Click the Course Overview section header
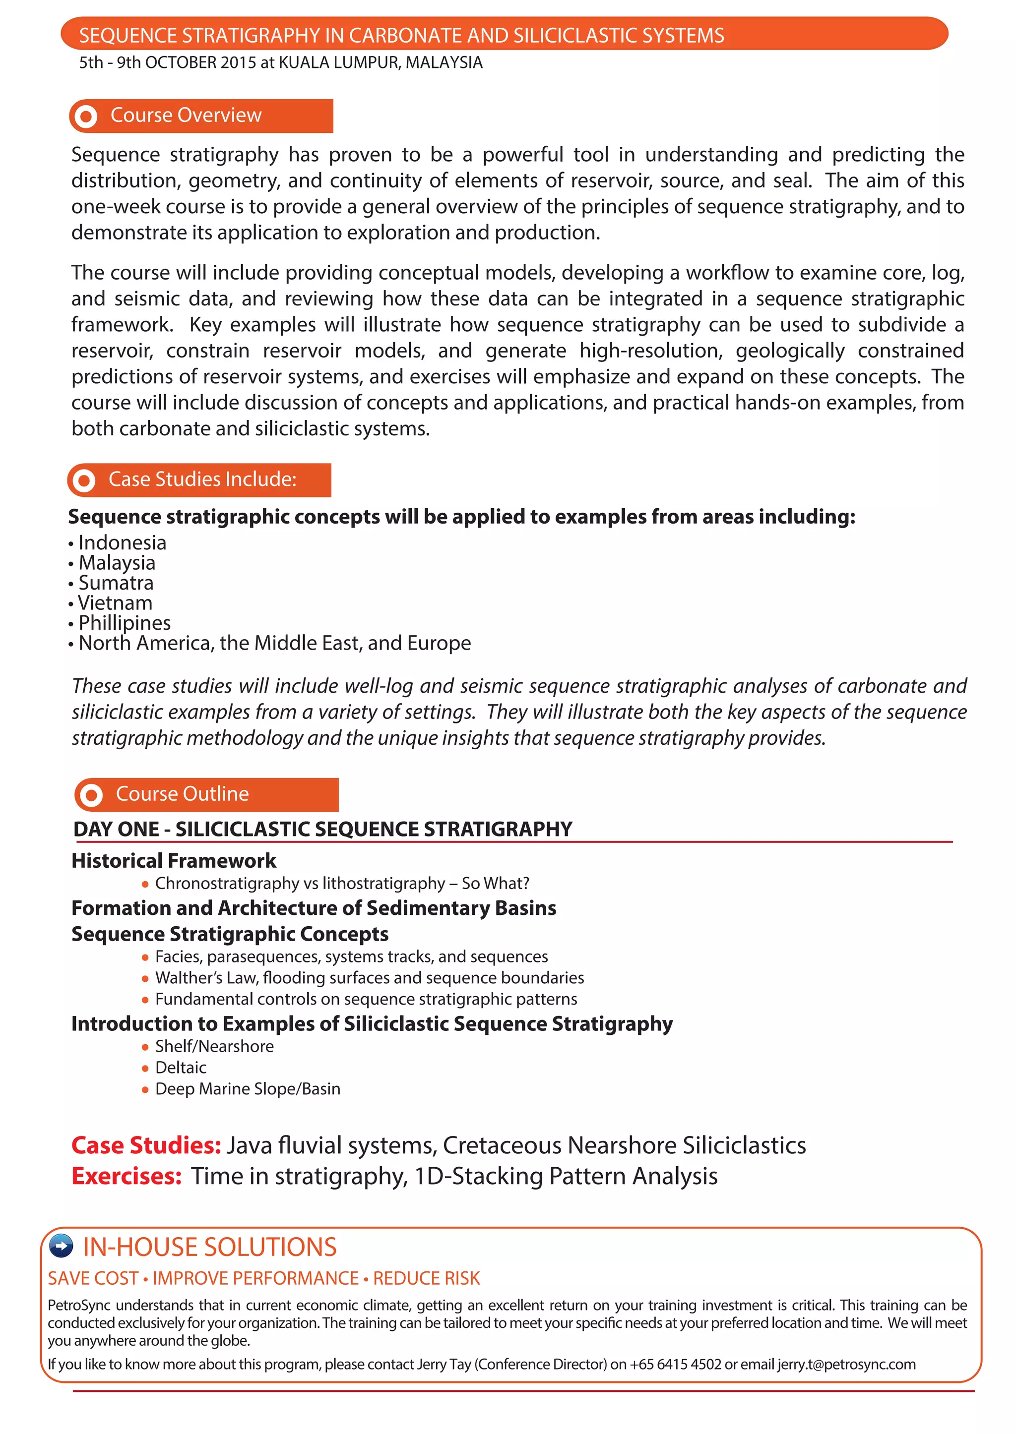tap(186, 116)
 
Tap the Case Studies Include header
tap(202, 479)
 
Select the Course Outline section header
tap(182, 794)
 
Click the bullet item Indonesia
tap(122, 543)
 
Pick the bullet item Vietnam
tap(115, 603)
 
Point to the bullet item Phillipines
tap(124, 623)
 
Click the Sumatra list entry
tap(116, 583)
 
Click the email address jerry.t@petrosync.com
tap(846, 1364)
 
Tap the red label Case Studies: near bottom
tap(146, 1145)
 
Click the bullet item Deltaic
tap(180, 1068)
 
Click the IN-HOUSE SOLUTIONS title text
tap(209, 1247)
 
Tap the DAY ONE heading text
tap(322, 829)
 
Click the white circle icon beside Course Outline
tap(91, 795)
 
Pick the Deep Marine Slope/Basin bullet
tap(247, 1089)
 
